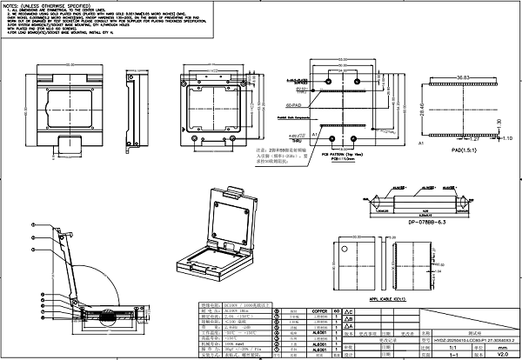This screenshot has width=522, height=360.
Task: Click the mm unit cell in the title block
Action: (503, 344)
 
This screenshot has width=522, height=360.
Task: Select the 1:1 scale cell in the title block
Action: (452, 344)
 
